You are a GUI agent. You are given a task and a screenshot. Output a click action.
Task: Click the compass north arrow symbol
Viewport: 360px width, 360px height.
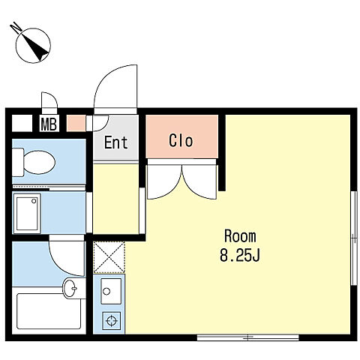(x=32, y=44)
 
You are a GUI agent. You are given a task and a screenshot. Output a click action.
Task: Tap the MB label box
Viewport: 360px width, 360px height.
(x=49, y=124)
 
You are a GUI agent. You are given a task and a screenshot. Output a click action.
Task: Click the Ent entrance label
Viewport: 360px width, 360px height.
(x=115, y=142)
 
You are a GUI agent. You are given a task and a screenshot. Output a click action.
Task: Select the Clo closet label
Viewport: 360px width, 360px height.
(x=181, y=141)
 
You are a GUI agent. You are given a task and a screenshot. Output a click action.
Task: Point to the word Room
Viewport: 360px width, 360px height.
(x=240, y=236)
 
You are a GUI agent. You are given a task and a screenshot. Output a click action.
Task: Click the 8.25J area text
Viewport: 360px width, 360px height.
(x=240, y=255)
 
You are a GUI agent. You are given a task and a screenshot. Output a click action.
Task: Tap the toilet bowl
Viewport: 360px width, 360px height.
(x=34, y=162)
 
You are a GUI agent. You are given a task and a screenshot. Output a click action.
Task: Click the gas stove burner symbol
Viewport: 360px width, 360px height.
(x=111, y=320)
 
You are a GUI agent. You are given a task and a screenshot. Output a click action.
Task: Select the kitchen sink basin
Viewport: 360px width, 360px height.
(x=111, y=291)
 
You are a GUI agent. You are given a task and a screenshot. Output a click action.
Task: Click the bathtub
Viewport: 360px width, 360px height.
(x=49, y=311)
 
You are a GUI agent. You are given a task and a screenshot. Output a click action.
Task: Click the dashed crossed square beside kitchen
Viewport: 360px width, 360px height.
(x=109, y=257)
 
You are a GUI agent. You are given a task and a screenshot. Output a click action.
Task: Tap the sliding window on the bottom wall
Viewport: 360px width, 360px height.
(x=248, y=337)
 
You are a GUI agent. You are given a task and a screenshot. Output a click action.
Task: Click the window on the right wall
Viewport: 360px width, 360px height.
(x=354, y=238)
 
